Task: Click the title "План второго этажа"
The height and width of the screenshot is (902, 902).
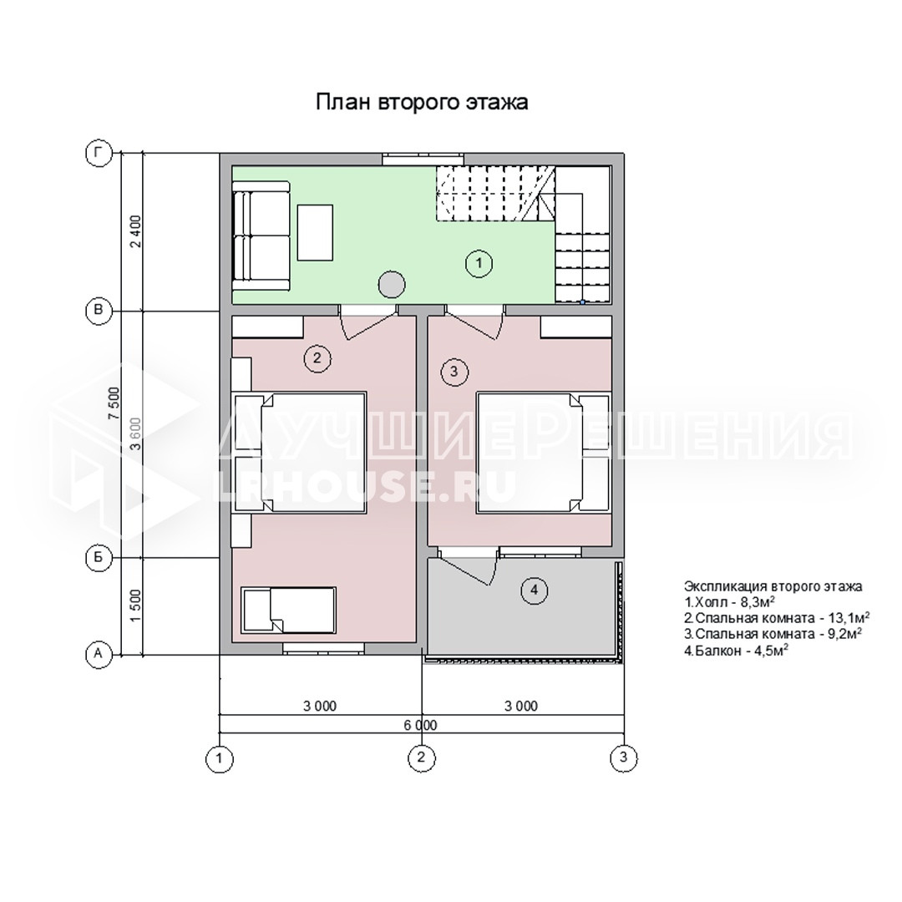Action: pyautogui.click(x=422, y=102)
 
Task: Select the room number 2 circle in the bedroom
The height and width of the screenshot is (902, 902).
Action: pyautogui.click(x=317, y=359)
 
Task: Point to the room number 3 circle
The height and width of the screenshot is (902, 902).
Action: pyautogui.click(x=454, y=371)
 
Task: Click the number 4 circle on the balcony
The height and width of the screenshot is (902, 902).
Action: pyautogui.click(x=535, y=590)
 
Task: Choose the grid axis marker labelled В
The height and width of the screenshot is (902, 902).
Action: pyautogui.click(x=99, y=311)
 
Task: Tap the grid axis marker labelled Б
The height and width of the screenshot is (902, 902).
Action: pyautogui.click(x=99, y=557)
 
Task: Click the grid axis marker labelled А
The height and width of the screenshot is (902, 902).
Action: pyautogui.click(x=99, y=654)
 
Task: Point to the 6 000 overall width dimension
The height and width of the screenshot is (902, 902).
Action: pyautogui.click(x=420, y=725)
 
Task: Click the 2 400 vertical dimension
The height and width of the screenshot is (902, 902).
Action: pyautogui.click(x=135, y=231)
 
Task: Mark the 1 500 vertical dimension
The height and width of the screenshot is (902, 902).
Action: pyautogui.click(x=135, y=606)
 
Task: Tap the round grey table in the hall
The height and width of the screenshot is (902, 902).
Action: pyautogui.click(x=391, y=284)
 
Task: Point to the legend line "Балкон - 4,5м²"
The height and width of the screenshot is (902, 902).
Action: pyautogui.click(x=736, y=651)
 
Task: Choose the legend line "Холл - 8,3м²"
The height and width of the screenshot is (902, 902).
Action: pyautogui.click(x=729, y=602)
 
